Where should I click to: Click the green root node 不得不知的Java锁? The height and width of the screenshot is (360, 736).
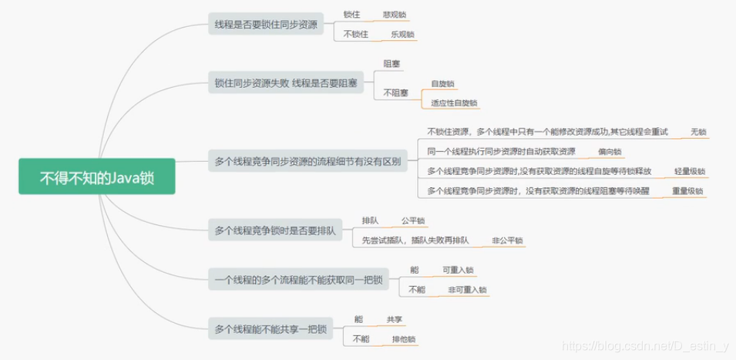pos(97,178)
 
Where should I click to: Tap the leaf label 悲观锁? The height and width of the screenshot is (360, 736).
pos(394,15)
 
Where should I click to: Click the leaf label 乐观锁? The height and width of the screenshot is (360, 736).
pos(402,35)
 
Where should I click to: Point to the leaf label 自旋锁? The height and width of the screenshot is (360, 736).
pos(442,83)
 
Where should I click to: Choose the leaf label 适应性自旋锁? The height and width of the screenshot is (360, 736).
pos(454,103)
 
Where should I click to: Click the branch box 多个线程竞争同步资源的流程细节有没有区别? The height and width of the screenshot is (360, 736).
pos(308,162)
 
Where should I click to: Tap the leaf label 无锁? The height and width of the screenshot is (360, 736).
pos(698,132)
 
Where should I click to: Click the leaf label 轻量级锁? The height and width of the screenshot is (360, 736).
pos(689,171)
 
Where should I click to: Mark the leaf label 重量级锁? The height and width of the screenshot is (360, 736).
pos(687,191)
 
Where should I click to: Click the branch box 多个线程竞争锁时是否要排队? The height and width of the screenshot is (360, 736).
pos(275,230)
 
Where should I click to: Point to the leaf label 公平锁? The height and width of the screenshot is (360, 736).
pos(413,220)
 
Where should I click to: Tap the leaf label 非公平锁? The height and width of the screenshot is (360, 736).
pos(507,241)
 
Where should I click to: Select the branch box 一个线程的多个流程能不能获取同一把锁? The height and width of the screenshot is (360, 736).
pos(297,280)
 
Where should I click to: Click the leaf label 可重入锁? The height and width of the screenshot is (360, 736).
pos(458,270)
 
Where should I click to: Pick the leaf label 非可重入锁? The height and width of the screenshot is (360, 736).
pos(467,290)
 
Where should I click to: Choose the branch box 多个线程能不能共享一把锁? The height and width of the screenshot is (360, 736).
pos(270,330)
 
